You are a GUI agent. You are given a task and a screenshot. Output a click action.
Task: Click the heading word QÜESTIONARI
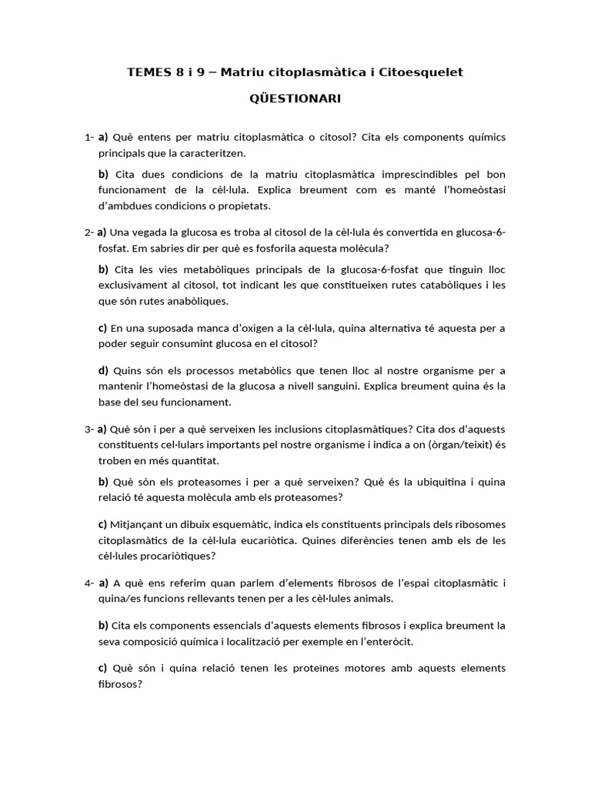[295, 99]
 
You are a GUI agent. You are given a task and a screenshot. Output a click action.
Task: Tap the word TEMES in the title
[149, 72]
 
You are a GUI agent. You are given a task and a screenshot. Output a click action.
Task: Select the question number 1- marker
[89, 138]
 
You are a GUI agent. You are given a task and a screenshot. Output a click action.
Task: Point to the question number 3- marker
[89, 429]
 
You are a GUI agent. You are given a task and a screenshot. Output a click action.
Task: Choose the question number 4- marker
[89, 583]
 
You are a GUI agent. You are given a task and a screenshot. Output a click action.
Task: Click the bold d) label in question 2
[104, 370]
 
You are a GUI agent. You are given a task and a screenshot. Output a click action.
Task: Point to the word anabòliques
[195, 301]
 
